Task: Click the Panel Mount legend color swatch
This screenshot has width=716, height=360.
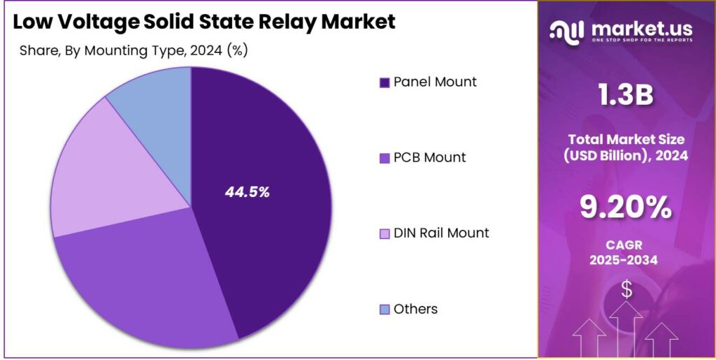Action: (384, 83)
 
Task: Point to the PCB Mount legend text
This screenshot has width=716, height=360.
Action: (429, 157)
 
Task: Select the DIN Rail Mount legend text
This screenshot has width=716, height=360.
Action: (441, 233)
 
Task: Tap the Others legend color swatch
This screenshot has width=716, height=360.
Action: (384, 310)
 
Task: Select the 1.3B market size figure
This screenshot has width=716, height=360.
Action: (626, 96)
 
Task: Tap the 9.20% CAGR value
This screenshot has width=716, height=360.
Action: (626, 207)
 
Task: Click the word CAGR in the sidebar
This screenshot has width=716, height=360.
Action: (626, 245)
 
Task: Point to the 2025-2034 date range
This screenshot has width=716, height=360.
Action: (626, 260)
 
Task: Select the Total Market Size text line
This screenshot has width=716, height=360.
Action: (626, 139)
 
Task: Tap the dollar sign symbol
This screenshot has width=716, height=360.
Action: (626, 289)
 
